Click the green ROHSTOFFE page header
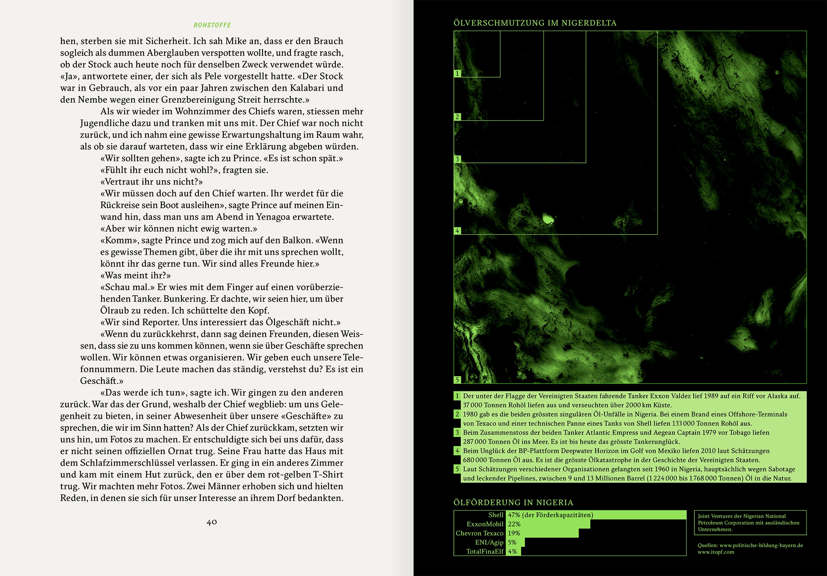212,25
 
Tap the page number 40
212,522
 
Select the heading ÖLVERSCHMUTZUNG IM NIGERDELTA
535,23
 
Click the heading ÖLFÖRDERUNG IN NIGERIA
513,502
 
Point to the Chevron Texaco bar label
479,533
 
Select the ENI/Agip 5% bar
515,542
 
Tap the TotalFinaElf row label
485,551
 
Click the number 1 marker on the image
457,73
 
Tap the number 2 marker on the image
457,117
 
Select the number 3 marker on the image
457,159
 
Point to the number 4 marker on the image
457,231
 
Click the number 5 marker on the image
457,380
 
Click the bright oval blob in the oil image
547,219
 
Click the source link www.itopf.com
716,552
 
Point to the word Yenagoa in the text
273,217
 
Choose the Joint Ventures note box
750,523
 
